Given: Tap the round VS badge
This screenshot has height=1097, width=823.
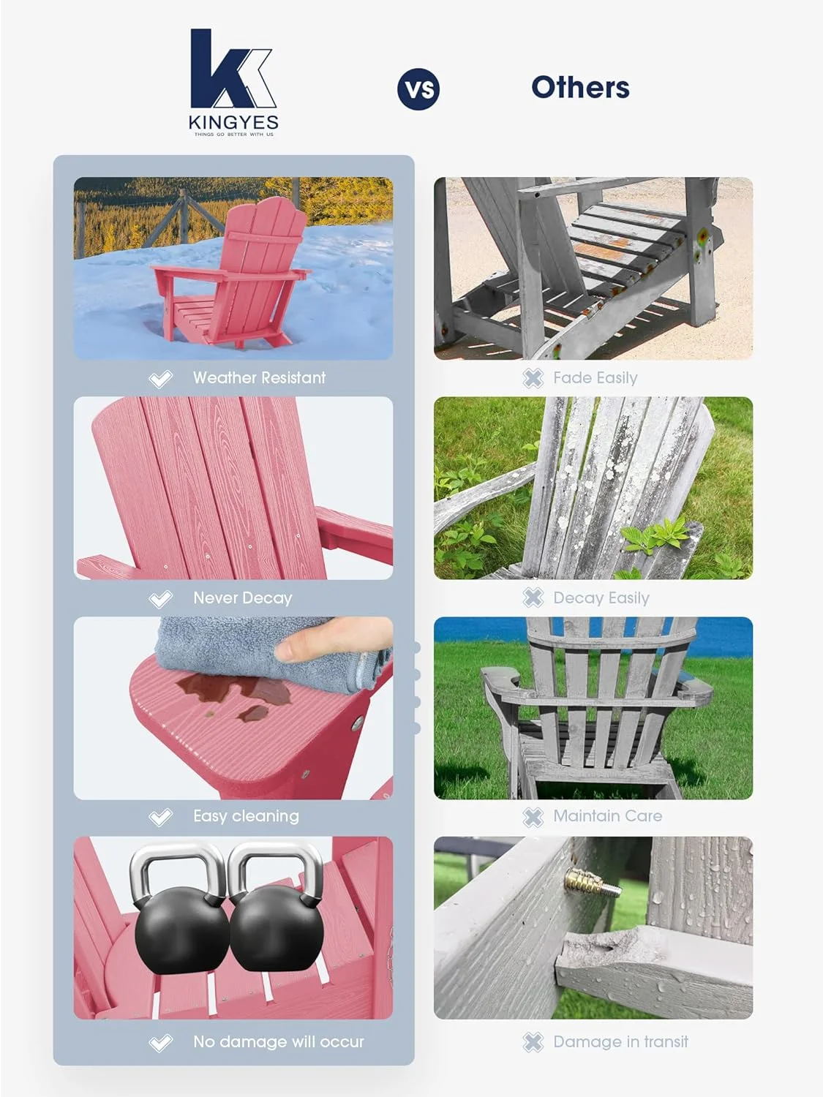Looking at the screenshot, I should tap(418, 89).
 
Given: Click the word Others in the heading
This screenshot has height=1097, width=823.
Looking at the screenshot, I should tap(580, 88).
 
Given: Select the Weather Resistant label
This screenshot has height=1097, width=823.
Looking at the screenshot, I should tap(259, 378).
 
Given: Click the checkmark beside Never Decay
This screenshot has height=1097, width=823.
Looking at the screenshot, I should tap(160, 599).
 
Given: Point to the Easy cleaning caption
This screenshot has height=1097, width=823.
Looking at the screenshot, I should tap(246, 816).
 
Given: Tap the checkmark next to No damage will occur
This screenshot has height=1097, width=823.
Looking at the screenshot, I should tap(160, 1043).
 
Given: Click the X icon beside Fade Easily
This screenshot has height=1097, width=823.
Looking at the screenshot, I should tap(533, 378).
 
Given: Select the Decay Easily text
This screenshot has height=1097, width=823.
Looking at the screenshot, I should tap(601, 598).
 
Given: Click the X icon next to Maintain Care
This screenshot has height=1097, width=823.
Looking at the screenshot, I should tap(533, 817).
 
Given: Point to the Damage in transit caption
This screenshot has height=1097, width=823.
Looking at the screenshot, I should tap(620, 1042).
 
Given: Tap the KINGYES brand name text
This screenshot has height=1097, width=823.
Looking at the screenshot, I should tap(233, 122).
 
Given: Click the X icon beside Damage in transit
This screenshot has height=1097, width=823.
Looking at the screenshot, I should tap(533, 1042).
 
